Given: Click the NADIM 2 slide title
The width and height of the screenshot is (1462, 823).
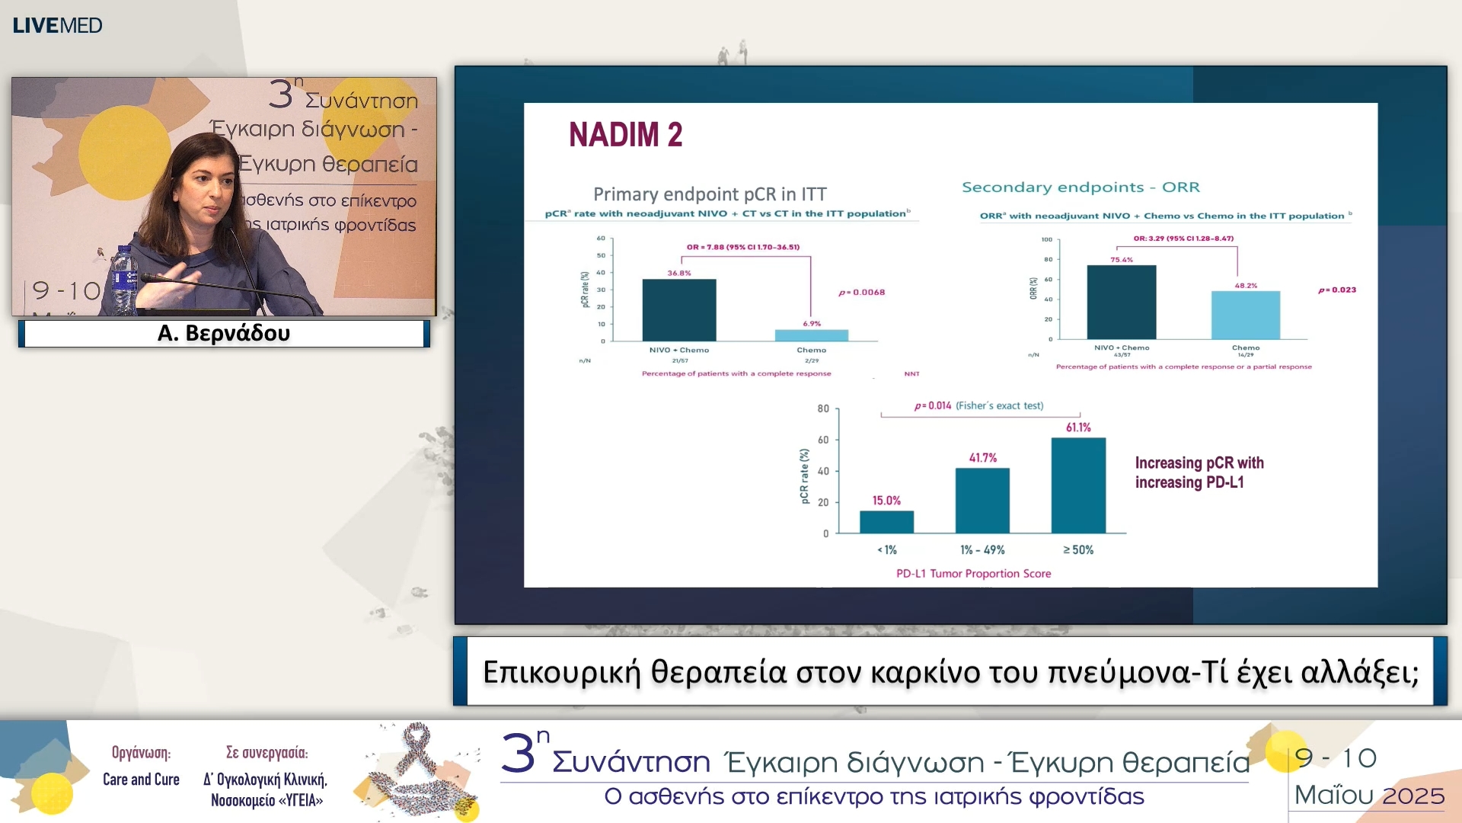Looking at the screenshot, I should (x=625, y=135).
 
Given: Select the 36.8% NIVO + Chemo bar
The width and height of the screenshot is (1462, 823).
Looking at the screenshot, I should (x=678, y=311).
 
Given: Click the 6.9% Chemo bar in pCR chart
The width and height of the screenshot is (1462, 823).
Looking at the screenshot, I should (x=811, y=335).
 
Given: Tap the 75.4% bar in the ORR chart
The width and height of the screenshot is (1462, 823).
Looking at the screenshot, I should (x=1121, y=303).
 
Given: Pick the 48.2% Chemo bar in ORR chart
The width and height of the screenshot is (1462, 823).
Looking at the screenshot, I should (x=1245, y=315).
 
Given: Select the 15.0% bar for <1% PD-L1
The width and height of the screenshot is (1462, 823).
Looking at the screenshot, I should (x=886, y=522).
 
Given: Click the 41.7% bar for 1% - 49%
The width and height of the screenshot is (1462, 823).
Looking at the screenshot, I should (x=982, y=501).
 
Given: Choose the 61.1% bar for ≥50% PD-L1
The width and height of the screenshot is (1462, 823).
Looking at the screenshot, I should (x=1078, y=485).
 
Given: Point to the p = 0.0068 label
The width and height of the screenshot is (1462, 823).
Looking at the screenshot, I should (x=861, y=293).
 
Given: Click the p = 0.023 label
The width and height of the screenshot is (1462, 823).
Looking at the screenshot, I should (x=1336, y=290).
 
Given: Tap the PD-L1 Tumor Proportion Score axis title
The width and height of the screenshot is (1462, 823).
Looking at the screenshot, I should (x=973, y=574).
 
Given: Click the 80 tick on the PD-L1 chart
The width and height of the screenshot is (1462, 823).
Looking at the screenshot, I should (x=823, y=409).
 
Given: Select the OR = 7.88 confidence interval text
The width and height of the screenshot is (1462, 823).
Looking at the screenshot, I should (x=742, y=247).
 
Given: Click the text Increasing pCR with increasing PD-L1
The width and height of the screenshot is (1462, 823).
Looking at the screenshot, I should (x=1199, y=472).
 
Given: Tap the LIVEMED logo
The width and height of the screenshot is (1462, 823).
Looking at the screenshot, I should (x=57, y=25).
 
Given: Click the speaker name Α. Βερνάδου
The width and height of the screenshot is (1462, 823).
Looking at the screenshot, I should (x=223, y=333).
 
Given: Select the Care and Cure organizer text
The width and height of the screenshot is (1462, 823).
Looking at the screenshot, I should (x=141, y=779).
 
